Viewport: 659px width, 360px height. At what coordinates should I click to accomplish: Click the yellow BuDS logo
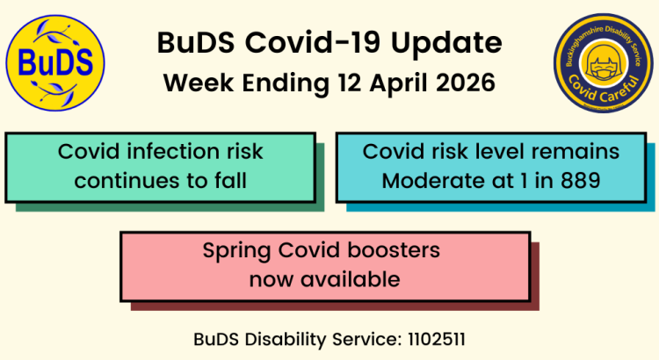pyautogui.click(x=55, y=63)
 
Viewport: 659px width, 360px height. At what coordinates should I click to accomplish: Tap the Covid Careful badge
pyautogui.click(x=603, y=63)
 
